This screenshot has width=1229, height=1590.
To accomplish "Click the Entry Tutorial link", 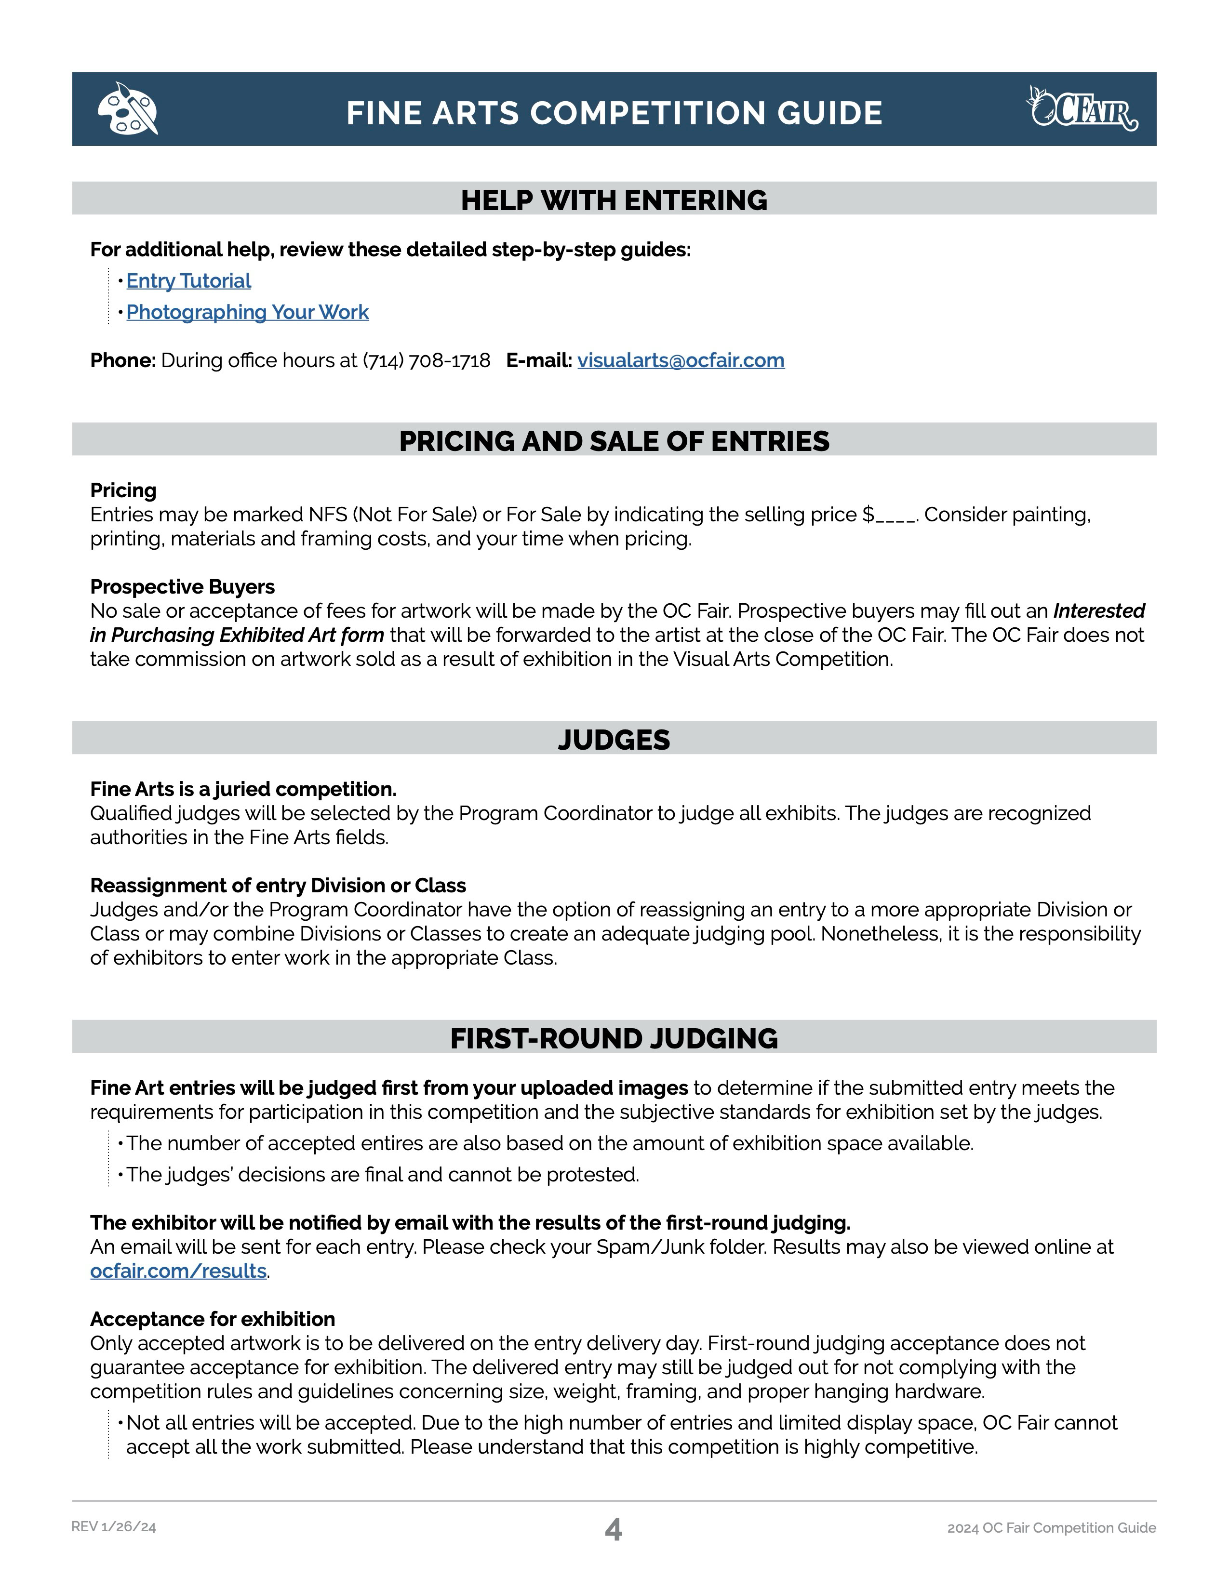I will coord(188,281).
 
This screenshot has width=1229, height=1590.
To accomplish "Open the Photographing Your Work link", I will coord(248,312).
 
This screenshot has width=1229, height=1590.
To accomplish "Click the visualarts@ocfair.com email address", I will coord(681,361).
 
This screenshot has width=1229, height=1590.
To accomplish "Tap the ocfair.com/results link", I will coord(178,1271).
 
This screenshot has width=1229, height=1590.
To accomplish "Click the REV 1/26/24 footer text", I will coord(114,1527).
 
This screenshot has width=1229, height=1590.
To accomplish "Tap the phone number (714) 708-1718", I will coord(427,361).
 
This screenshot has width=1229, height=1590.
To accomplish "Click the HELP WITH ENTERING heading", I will coord(614,200).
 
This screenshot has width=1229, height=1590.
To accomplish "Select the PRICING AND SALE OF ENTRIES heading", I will coord(614,441).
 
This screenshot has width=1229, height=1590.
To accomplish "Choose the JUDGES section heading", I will coord(614,740).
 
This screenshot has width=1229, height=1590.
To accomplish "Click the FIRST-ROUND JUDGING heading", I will coord(614,1038).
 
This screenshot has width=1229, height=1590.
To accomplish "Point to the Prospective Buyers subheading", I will coord(182,587).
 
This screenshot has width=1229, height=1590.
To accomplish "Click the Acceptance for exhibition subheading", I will coord(213,1319).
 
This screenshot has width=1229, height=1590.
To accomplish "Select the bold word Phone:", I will coord(123,361).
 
